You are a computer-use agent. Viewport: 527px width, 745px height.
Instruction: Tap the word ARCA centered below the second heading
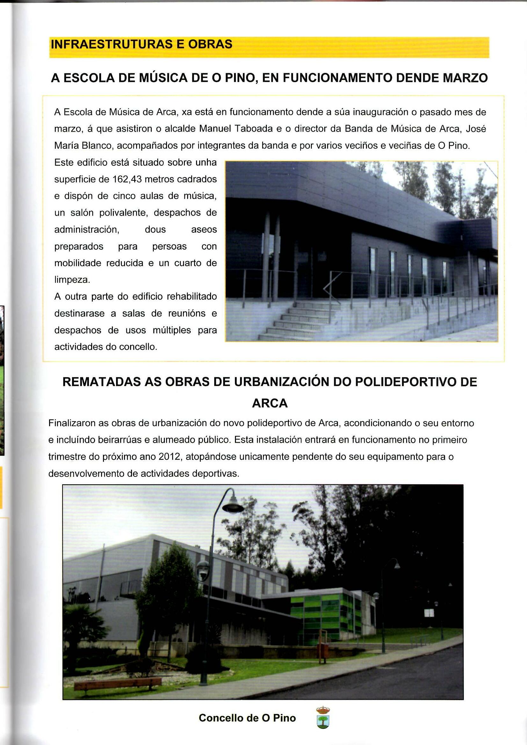(270, 403)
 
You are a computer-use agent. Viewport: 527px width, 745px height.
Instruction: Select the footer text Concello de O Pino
(247, 718)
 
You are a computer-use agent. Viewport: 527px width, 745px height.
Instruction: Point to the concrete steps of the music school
(297, 321)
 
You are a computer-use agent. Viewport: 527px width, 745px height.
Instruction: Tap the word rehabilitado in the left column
(192, 297)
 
